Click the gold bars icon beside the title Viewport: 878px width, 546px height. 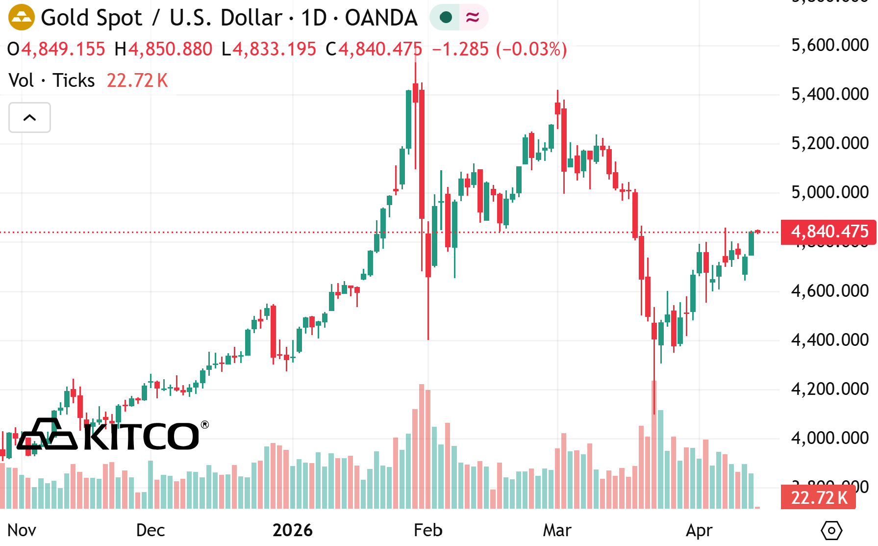pyautogui.click(x=22, y=17)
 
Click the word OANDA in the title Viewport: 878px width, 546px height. pyautogui.click(x=381, y=18)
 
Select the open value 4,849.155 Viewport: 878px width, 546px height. pyautogui.click(x=63, y=49)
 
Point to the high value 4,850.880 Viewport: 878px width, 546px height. pyautogui.click(x=170, y=49)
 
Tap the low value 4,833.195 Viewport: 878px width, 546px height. pyautogui.click(x=274, y=49)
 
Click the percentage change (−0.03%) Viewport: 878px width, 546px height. pyautogui.click(x=531, y=49)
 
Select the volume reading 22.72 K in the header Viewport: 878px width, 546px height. pyautogui.click(x=137, y=80)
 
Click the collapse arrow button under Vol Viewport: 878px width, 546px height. pyautogui.click(x=29, y=118)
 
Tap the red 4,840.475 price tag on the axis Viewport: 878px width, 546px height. pyautogui.click(x=829, y=232)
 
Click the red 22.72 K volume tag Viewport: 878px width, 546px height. pyautogui.click(x=819, y=497)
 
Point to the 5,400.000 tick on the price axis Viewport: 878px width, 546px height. pyautogui.click(x=829, y=94)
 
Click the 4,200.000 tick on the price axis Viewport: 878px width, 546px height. pyautogui.click(x=829, y=389)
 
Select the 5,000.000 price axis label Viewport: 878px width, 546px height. pyautogui.click(x=829, y=192)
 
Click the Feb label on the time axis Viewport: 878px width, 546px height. pyautogui.click(x=428, y=530)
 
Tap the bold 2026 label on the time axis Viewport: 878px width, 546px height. pyautogui.click(x=293, y=530)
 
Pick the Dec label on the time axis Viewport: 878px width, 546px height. pyautogui.click(x=151, y=530)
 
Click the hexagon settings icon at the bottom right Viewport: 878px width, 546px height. pyautogui.click(x=831, y=530)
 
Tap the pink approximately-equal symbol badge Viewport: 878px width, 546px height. pyautogui.click(x=473, y=18)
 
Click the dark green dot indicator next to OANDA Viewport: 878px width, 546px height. pyautogui.click(x=446, y=18)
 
